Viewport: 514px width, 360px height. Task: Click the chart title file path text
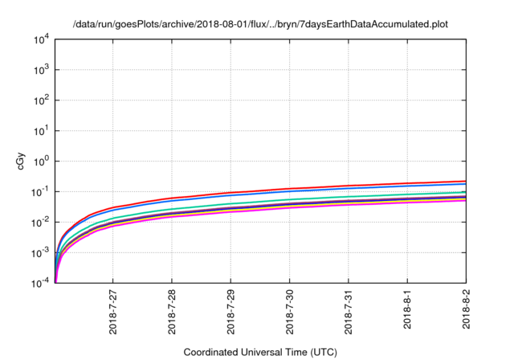coord(259,25)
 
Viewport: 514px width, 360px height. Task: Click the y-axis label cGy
coord(22,161)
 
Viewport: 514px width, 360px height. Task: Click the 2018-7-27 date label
coord(113,313)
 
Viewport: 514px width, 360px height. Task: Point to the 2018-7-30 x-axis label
coord(290,313)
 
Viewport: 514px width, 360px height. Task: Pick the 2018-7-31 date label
coord(349,313)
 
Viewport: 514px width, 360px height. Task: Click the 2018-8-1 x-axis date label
coord(407,310)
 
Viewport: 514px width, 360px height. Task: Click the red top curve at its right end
coord(463,182)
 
